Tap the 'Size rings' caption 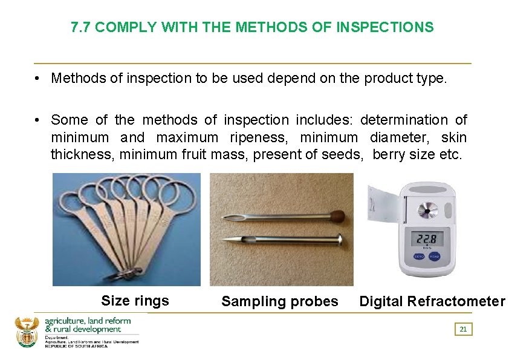point(135,301)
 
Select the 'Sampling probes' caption point(279,301)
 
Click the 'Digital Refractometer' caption point(432,301)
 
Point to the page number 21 point(463,329)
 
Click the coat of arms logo point(26,331)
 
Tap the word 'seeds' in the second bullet point(343,154)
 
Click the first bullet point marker point(37,78)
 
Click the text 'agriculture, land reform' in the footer point(83,320)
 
